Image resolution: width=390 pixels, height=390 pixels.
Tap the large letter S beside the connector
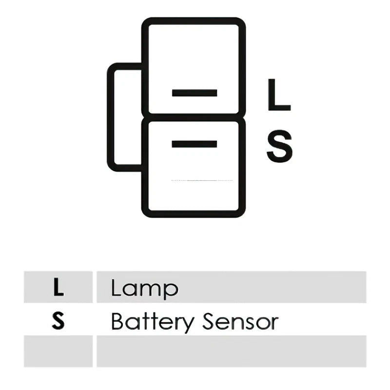point(279,146)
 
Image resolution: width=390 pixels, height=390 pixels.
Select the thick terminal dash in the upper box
point(195,93)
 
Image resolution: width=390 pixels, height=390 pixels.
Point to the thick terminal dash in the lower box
point(194,144)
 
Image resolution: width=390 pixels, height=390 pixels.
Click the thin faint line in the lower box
point(202,180)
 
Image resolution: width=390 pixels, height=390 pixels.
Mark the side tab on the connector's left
point(110,117)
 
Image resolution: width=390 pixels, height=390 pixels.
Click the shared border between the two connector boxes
point(194,117)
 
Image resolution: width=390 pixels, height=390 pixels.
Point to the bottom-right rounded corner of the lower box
point(241,213)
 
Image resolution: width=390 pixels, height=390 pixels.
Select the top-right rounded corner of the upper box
point(241,22)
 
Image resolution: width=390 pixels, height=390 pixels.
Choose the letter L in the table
point(58,287)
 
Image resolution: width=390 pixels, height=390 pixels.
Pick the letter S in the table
point(58,321)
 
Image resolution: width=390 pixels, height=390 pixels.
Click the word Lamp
point(144,289)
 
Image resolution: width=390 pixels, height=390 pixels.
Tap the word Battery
point(153,323)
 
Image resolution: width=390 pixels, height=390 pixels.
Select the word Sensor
point(240,321)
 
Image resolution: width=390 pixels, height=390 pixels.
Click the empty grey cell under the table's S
point(58,351)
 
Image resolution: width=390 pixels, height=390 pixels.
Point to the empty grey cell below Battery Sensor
point(231,351)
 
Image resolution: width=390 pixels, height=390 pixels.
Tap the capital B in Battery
point(117,321)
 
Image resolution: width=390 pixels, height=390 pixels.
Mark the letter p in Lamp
point(172,291)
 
